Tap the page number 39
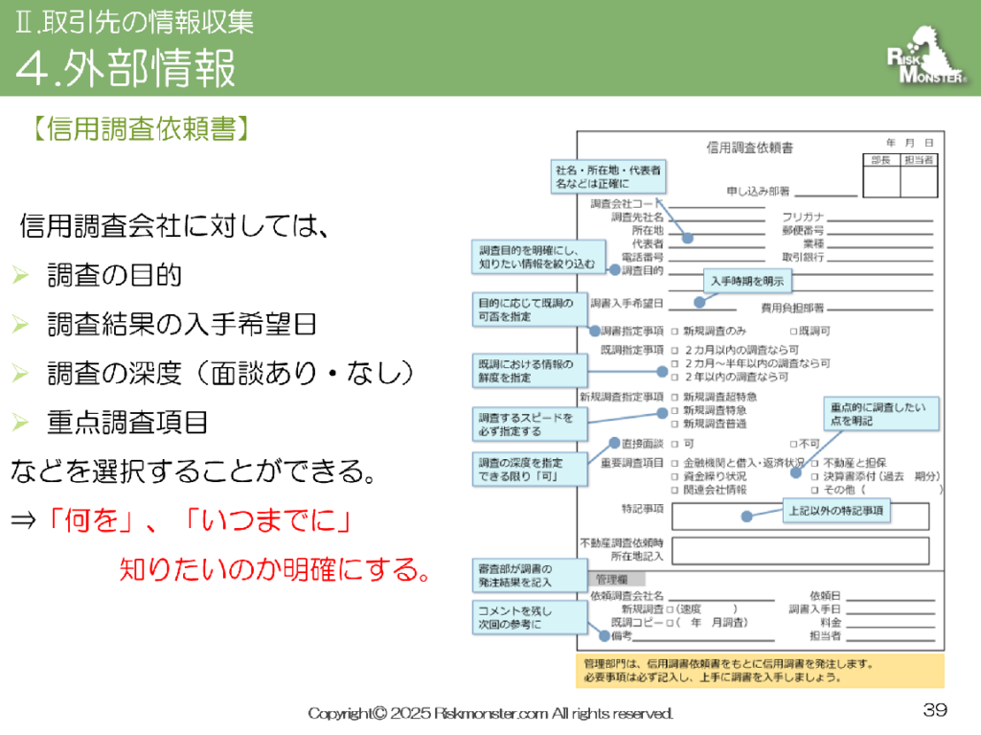935,710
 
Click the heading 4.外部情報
125,68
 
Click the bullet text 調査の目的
114,277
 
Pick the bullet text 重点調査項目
126,422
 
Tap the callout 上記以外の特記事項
836,512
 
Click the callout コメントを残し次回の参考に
527,616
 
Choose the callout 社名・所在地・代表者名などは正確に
606,175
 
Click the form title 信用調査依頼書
749,148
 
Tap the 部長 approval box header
880,160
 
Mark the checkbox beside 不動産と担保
814,462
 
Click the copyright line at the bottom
490,713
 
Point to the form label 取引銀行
803,257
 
